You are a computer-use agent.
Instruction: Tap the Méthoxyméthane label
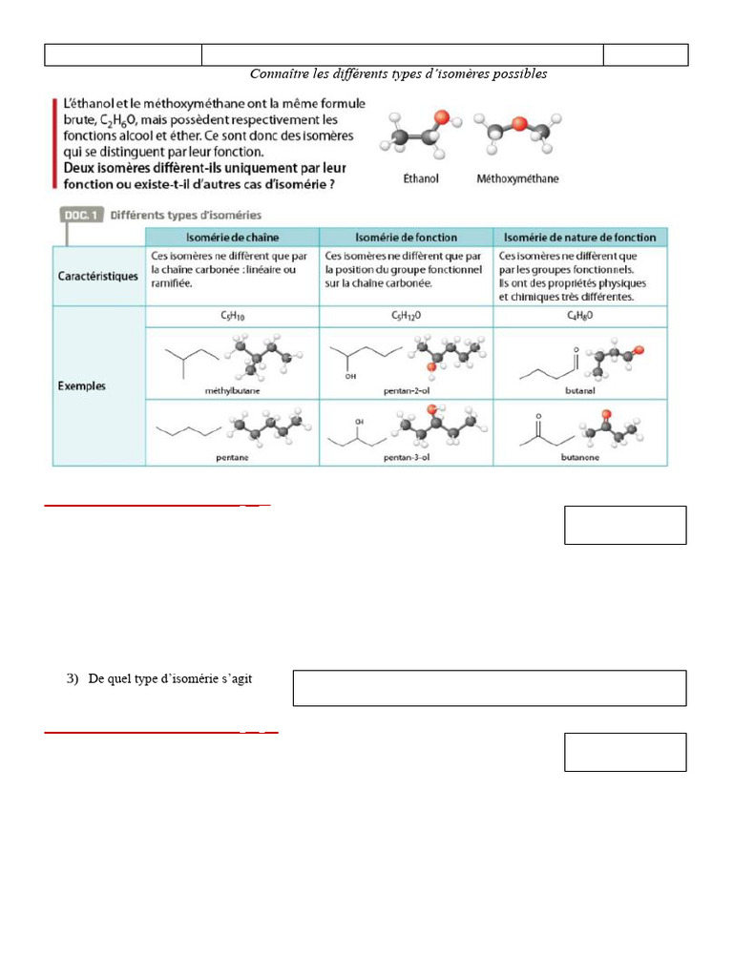coord(517,178)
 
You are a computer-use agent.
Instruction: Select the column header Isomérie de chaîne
coord(231,237)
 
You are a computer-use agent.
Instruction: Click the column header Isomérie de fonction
coord(406,237)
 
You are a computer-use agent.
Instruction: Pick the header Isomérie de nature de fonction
coord(580,237)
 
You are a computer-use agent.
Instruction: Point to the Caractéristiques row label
coord(98,277)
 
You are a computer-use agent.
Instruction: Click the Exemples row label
coord(82,386)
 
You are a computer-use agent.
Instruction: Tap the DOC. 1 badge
coord(81,216)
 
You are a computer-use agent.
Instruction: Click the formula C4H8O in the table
coord(580,314)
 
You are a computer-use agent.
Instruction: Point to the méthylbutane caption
coord(232,391)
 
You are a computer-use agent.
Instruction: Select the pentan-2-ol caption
coord(407,391)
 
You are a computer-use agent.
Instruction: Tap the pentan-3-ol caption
coord(407,457)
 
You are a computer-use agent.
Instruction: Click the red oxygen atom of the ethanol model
coord(441,118)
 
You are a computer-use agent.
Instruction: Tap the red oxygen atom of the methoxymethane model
coord(517,123)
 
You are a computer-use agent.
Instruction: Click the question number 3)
coord(73,679)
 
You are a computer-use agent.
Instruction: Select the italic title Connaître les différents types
coord(398,74)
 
